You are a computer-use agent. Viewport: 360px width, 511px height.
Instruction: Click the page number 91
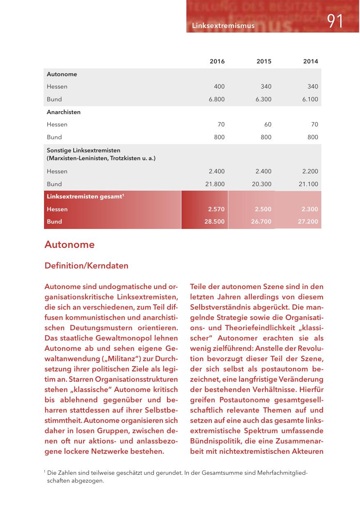pos(335,21)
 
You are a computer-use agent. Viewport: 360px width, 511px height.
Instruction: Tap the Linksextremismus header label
pos(223,26)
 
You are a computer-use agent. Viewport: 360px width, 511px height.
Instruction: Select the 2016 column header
pos(217,61)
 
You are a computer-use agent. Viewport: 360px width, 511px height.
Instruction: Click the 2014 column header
pos(311,61)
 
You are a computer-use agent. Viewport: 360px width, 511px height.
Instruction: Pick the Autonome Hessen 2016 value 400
pos(219,86)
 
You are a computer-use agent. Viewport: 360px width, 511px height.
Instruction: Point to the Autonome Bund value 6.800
pos(217,99)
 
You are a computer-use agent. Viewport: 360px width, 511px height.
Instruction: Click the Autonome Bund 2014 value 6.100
pos(310,99)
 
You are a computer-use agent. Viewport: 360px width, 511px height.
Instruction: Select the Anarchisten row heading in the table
pos(64,112)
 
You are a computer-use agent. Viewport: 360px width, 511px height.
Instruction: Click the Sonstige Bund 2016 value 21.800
pos(215,184)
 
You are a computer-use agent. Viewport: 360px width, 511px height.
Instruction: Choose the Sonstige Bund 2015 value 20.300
pos(262,184)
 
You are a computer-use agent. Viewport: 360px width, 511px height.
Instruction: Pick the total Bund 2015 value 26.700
pos(261,222)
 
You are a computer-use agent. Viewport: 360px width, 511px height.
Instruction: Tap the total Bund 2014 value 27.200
pos(308,222)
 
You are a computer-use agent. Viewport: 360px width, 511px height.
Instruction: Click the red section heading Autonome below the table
pos(70,245)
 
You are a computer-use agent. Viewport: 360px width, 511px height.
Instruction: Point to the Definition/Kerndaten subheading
pos(86,266)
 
